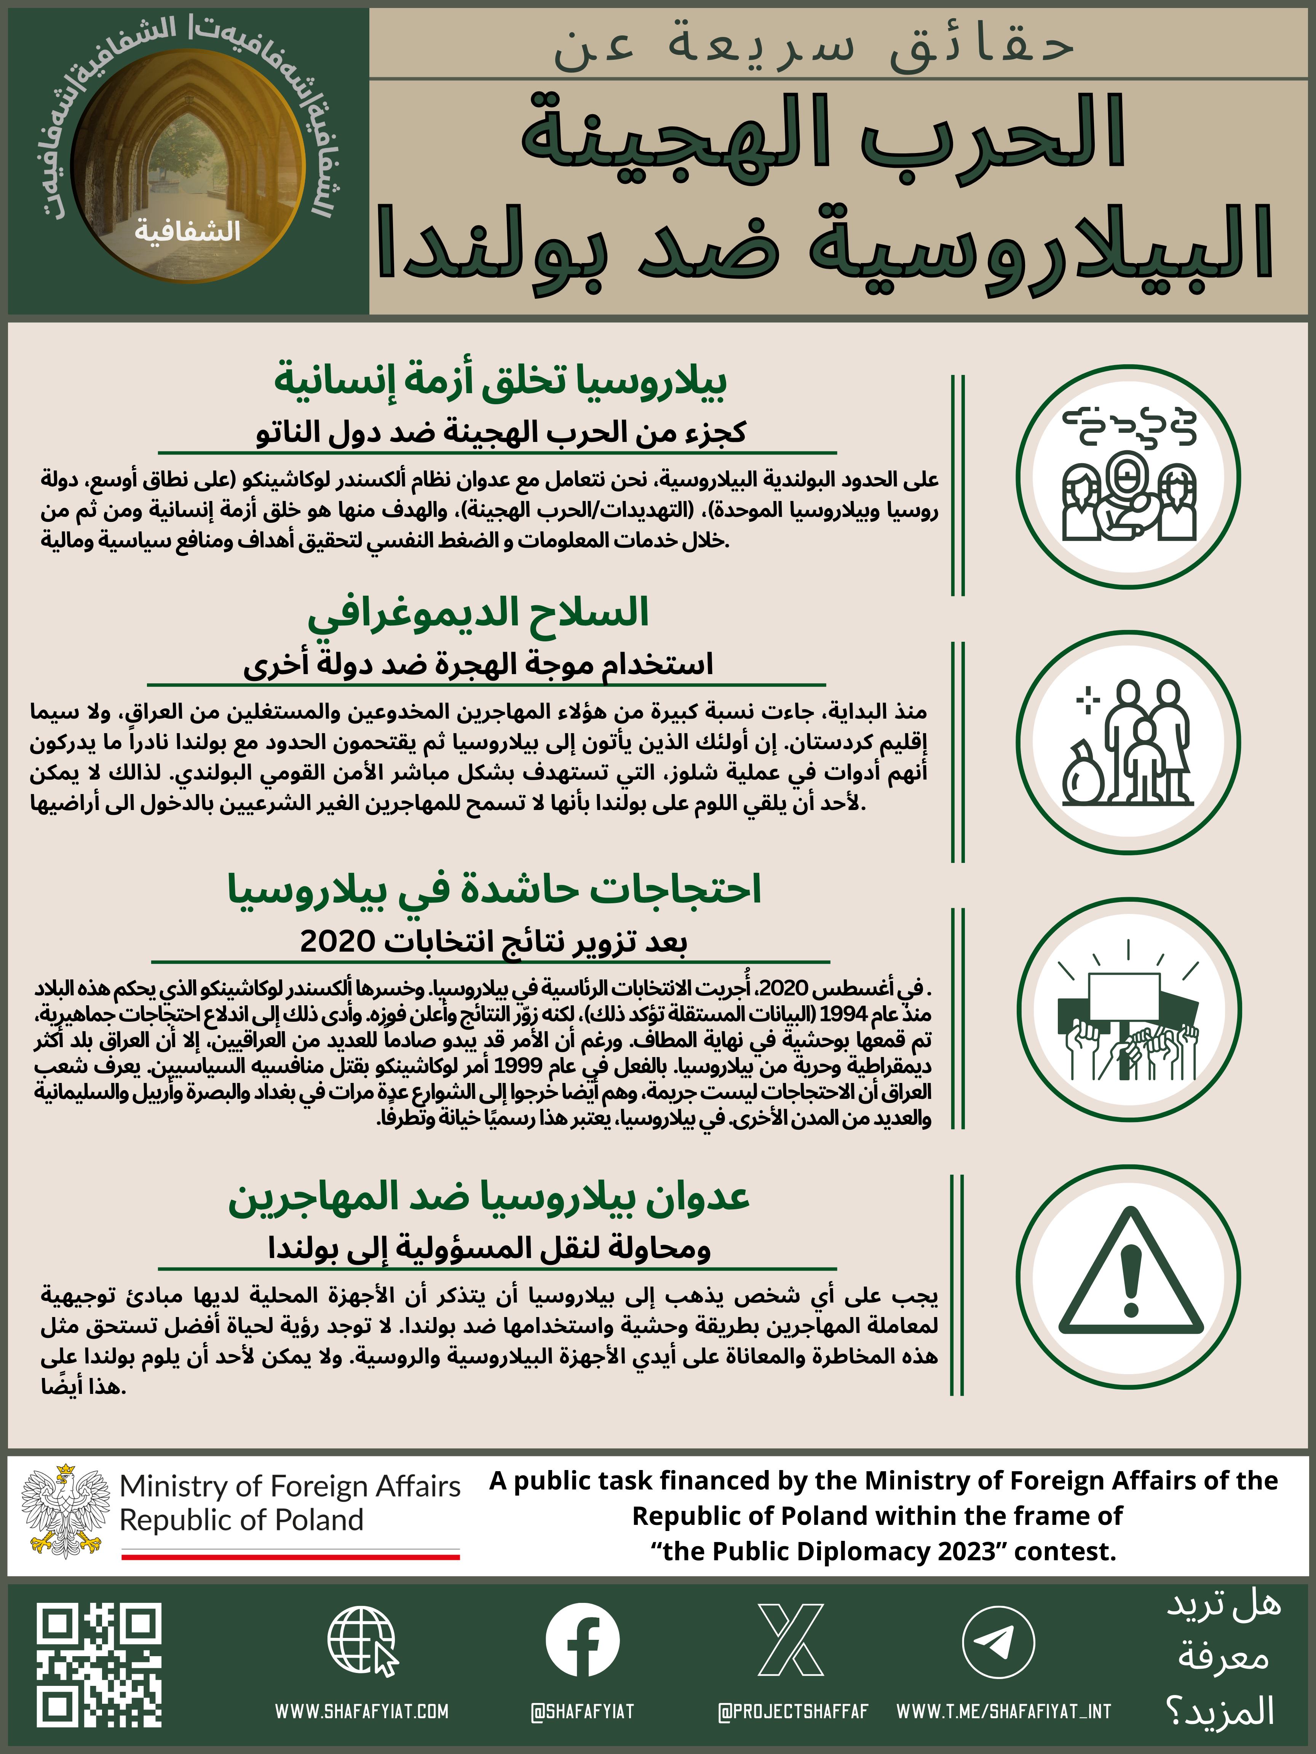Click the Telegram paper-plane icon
pyautogui.click(x=998, y=1641)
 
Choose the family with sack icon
pyautogui.click(x=1128, y=743)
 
